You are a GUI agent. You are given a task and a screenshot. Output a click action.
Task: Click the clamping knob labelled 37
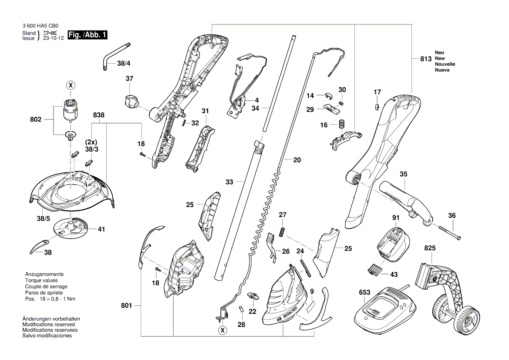(131, 102)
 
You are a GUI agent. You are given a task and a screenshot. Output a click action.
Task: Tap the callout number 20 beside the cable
(297, 160)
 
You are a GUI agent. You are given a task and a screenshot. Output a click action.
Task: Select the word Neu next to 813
(439, 52)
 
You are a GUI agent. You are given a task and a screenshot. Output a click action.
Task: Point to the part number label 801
(126, 306)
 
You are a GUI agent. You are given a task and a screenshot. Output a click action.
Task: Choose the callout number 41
(101, 229)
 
